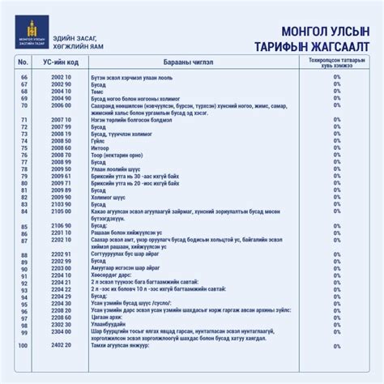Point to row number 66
23,75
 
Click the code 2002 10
62,75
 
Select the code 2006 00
62,105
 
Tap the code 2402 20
62,346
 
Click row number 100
23,346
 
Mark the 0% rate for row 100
336,346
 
